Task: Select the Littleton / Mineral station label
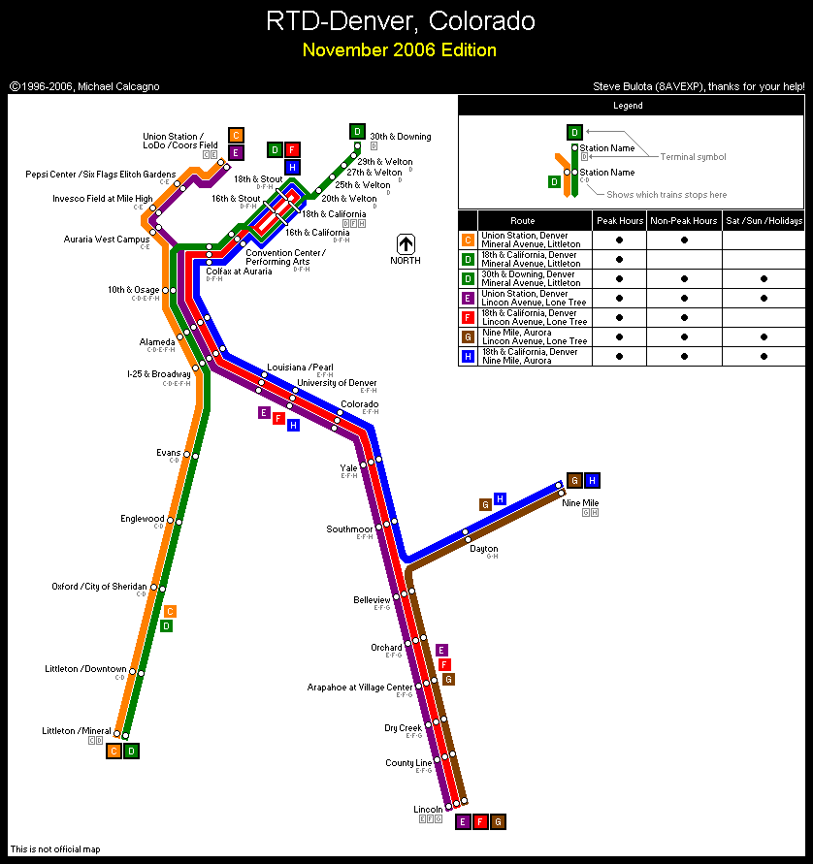click(77, 731)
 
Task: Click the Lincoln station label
click(428, 809)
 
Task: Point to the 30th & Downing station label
click(400, 137)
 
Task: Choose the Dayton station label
click(483, 549)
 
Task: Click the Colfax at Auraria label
click(239, 272)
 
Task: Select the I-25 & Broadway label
click(158, 373)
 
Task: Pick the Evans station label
click(168, 453)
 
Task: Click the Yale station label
click(348, 467)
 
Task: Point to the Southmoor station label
click(349, 529)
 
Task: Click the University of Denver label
click(337, 383)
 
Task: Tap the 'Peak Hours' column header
click(619, 221)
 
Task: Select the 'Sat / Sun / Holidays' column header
click(764, 221)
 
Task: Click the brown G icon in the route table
click(468, 336)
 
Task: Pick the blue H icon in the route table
click(468, 356)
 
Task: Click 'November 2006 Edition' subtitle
click(399, 50)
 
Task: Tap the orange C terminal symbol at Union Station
click(236, 135)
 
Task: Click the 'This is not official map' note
click(55, 849)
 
